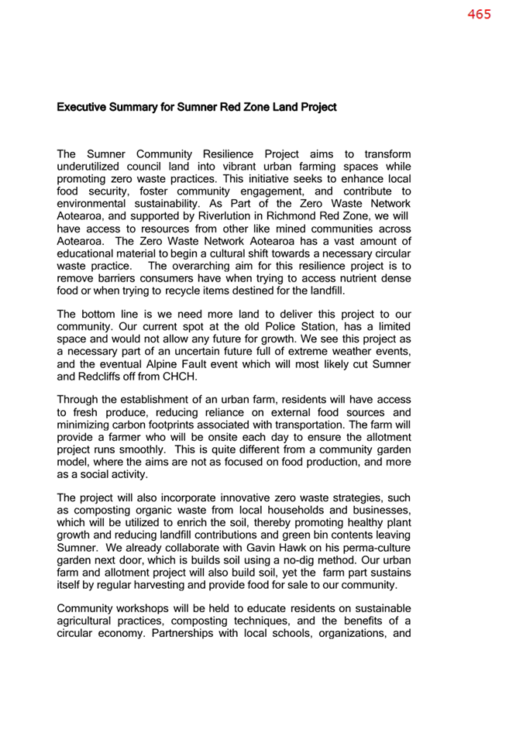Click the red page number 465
(479, 15)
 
